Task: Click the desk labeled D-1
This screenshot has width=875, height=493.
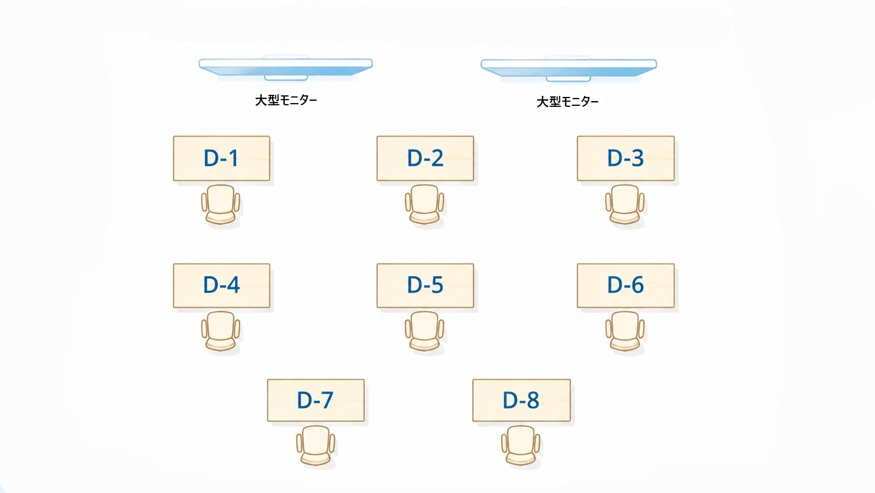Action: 221,158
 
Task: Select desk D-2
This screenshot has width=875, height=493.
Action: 425,158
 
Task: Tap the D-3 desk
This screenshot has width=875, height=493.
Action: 626,158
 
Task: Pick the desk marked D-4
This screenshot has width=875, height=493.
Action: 221,286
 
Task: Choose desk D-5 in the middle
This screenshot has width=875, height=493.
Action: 425,286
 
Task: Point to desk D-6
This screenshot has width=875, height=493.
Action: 626,286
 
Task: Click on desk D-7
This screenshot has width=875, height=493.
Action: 316,400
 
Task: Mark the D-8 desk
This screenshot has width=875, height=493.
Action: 521,400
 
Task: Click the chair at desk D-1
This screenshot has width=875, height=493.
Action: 221,204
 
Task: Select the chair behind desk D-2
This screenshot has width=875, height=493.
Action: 424,204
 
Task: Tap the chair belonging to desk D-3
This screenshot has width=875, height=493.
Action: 625,204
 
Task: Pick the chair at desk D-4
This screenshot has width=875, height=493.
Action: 221,331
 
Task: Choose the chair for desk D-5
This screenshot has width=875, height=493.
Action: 424,331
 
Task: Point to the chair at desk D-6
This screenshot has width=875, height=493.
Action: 625,331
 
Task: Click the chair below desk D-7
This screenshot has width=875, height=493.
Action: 316,446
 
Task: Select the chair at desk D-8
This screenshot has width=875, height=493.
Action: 521,446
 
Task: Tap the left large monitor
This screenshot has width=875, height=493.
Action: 286,68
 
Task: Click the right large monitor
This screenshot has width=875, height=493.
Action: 568,69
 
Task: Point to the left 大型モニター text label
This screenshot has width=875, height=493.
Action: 286,101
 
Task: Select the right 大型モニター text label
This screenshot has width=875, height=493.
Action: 568,102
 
